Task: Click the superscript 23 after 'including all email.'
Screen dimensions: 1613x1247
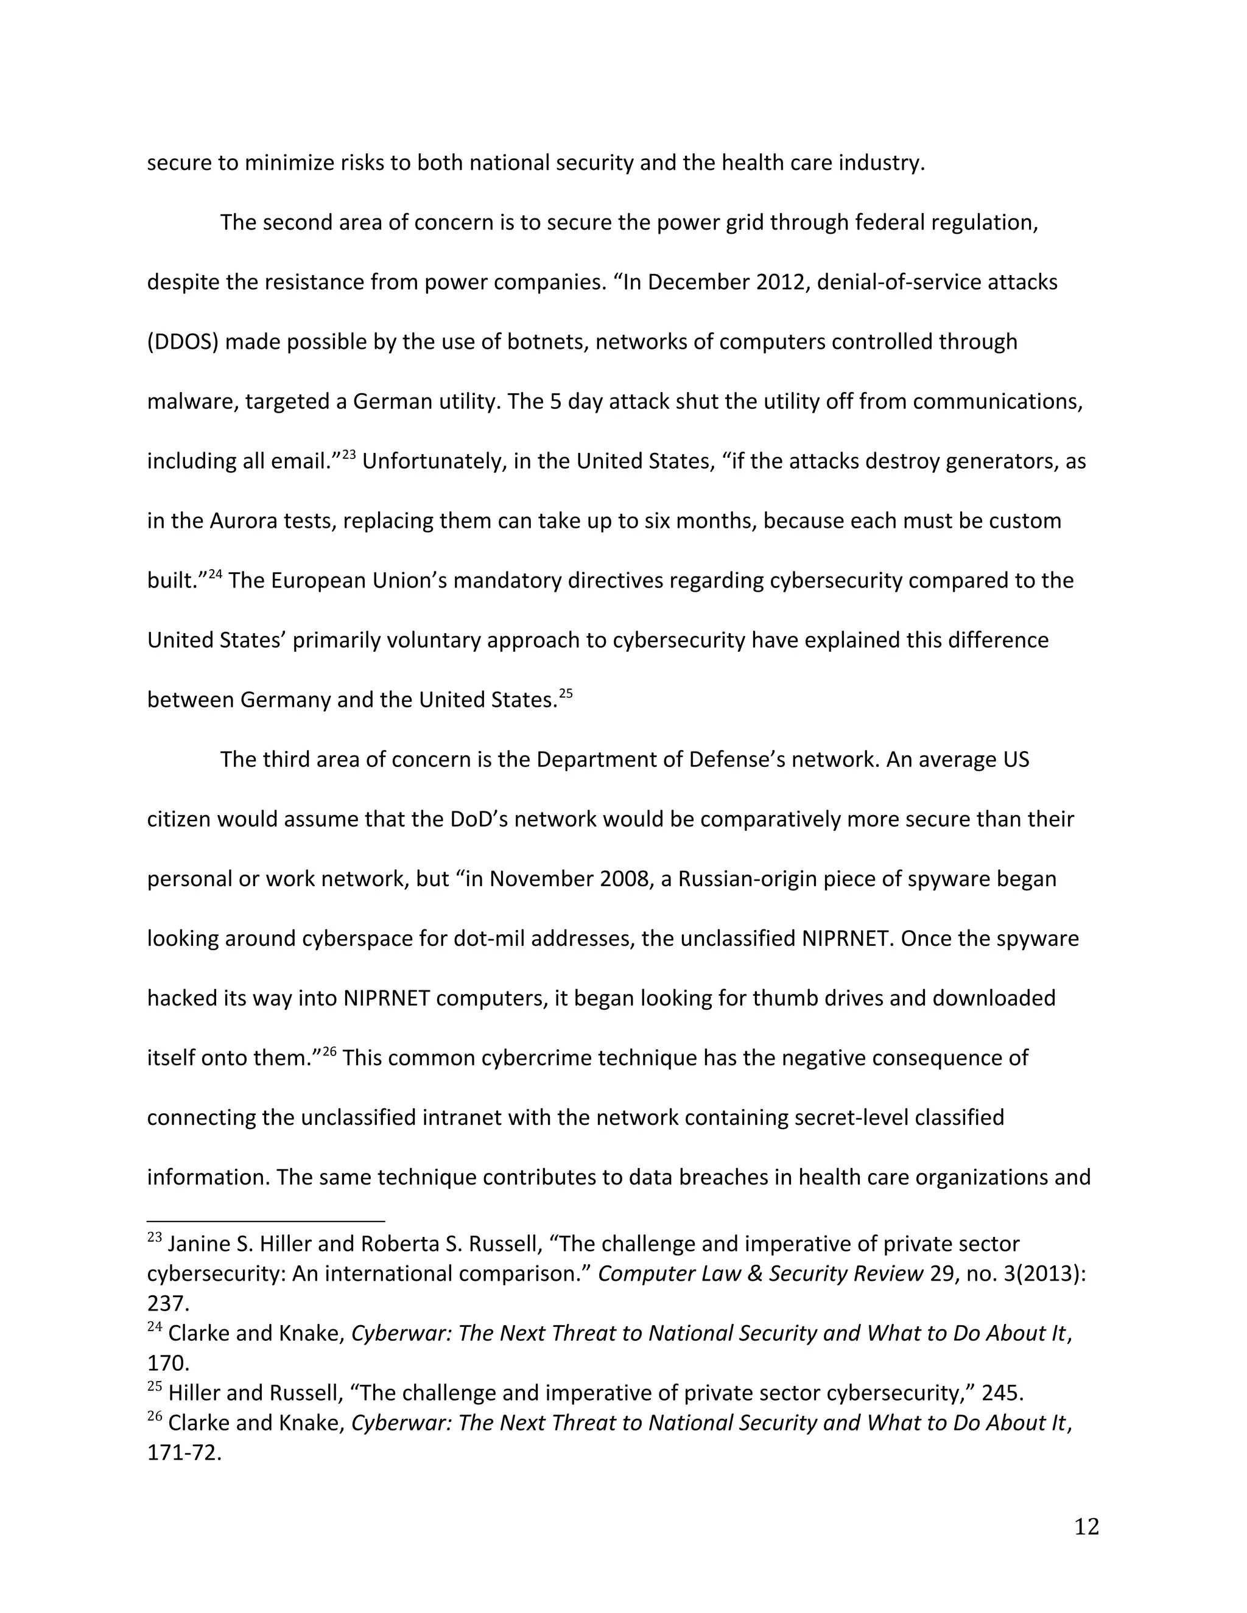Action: pos(349,454)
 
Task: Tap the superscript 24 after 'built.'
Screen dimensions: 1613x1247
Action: pos(215,574)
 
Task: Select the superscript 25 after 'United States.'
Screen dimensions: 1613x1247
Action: pos(565,693)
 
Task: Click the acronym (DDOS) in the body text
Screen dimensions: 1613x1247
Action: pos(183,342)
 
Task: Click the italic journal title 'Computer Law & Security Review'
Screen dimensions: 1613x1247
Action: pos(760,1273)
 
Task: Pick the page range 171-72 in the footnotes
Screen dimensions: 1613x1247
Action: pos(184,1453)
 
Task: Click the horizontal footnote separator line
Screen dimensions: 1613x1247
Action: pos(266,1222)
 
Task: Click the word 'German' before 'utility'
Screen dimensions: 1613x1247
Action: pos(387,402)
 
